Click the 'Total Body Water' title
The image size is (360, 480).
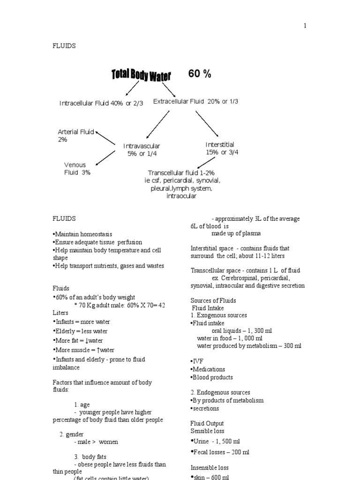point(141,75)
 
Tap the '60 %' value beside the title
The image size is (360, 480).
point(200,74)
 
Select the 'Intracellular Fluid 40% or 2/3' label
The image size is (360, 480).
point(101,103)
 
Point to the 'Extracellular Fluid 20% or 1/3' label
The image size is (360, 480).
point(195,101)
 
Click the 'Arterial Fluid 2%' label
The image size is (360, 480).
point(75,135)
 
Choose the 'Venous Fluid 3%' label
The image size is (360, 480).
point(77,168)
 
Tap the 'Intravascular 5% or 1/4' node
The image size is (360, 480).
point(142,150)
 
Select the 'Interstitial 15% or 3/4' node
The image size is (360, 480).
point(222,148)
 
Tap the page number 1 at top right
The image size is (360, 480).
point(305,26)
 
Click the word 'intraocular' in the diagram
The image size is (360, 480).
point(181,196)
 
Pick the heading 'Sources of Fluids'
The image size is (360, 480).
point(213,300)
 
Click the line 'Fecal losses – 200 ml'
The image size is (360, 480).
point(220,452)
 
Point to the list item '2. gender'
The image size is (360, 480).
point(71,434)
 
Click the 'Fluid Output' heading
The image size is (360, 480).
point(207,423)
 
